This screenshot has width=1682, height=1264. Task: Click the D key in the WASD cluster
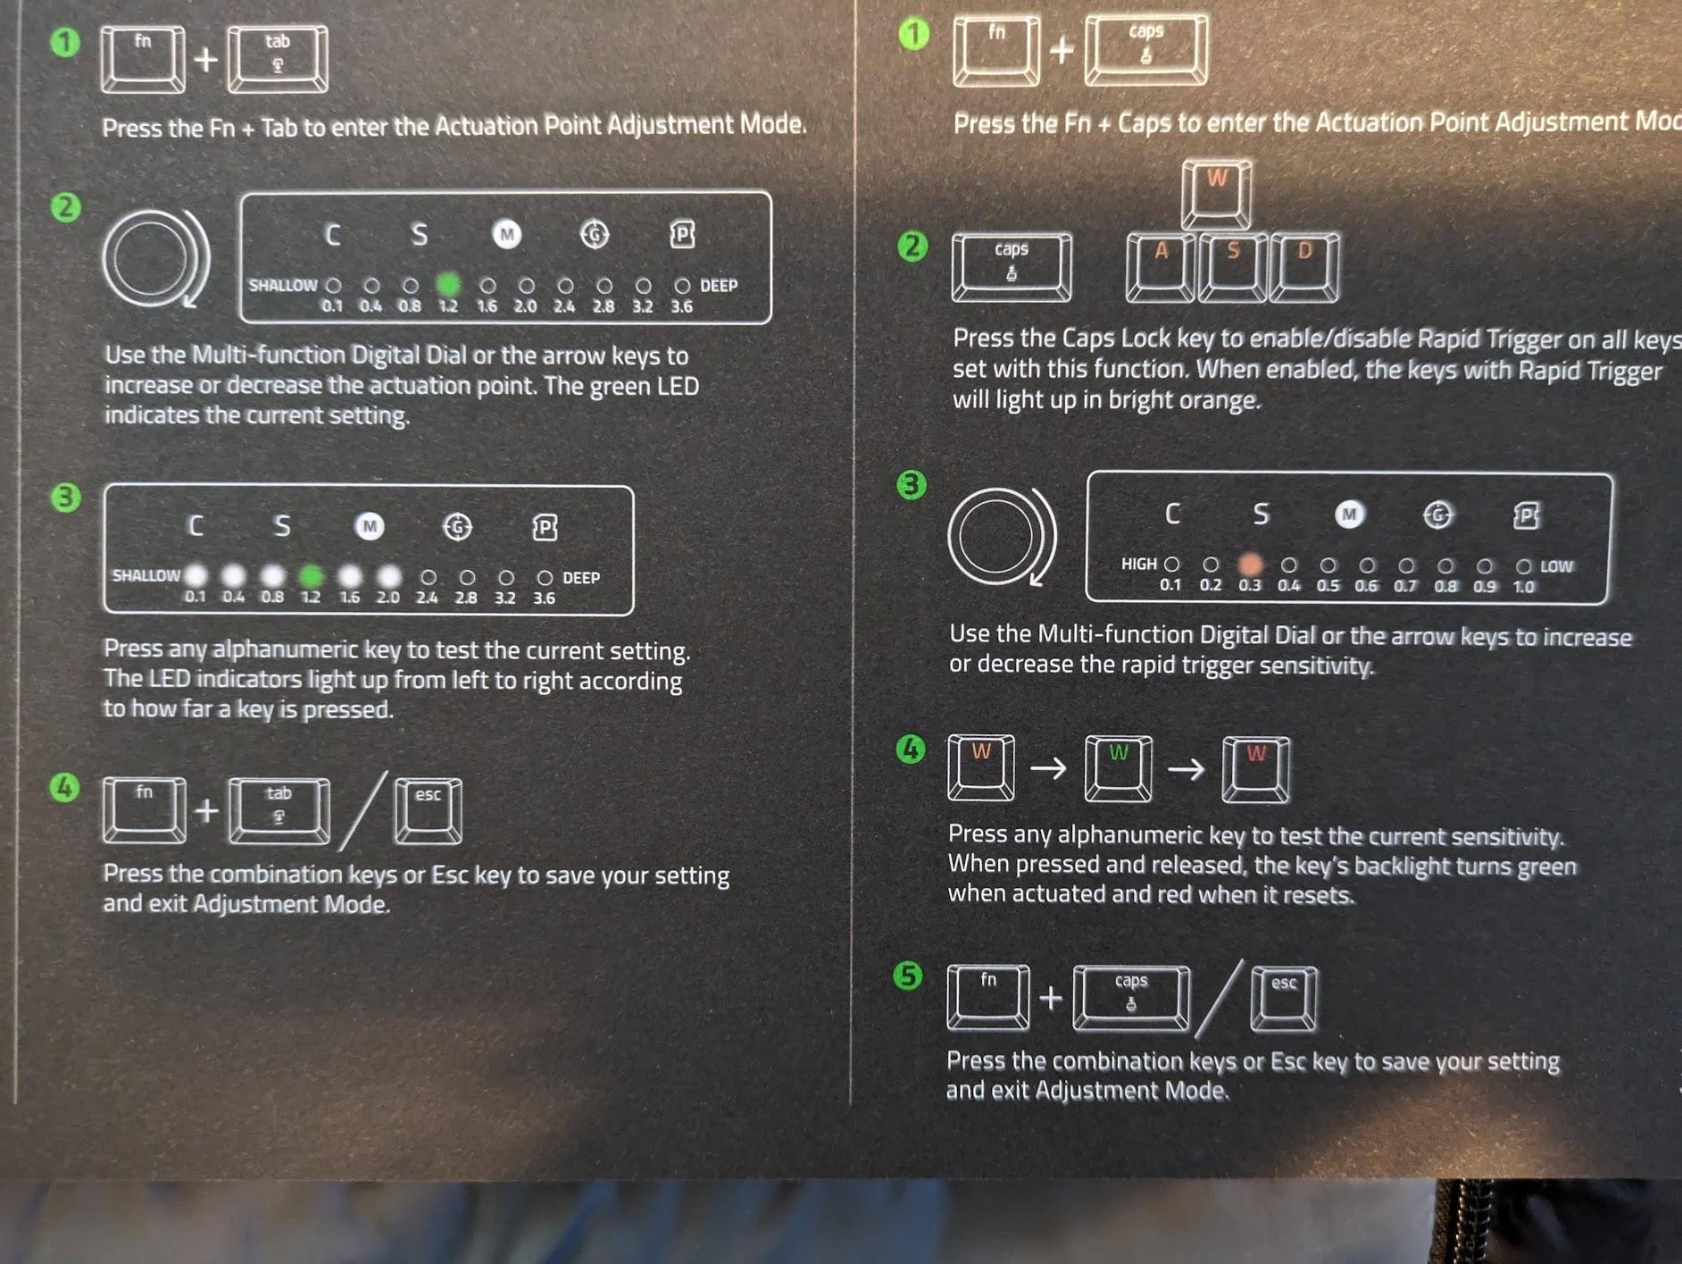point(1304,267)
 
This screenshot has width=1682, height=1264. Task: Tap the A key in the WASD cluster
point(1161,267)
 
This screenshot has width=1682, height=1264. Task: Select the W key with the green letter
point(1118,768)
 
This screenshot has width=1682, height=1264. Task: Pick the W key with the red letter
point(1255,768)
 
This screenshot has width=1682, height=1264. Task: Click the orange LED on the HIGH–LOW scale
point(1250,565)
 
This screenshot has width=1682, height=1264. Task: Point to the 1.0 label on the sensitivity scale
point(1524,587)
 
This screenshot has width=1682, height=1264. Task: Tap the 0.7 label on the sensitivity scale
point(1405,586)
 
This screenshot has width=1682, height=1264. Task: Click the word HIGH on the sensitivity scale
point(1138,564)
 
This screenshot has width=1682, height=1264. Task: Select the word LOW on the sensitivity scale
point(1556,566)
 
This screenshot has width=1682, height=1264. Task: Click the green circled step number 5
point(908,975)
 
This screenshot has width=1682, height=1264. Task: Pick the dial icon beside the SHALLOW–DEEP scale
point(155,258)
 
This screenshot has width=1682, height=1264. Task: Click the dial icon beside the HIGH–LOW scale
point(1002,536)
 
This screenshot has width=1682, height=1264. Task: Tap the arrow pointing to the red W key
point(1187,768)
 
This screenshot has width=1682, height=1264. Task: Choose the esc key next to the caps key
point(1284,999)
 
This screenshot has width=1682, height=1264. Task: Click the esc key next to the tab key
point(429,811)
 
